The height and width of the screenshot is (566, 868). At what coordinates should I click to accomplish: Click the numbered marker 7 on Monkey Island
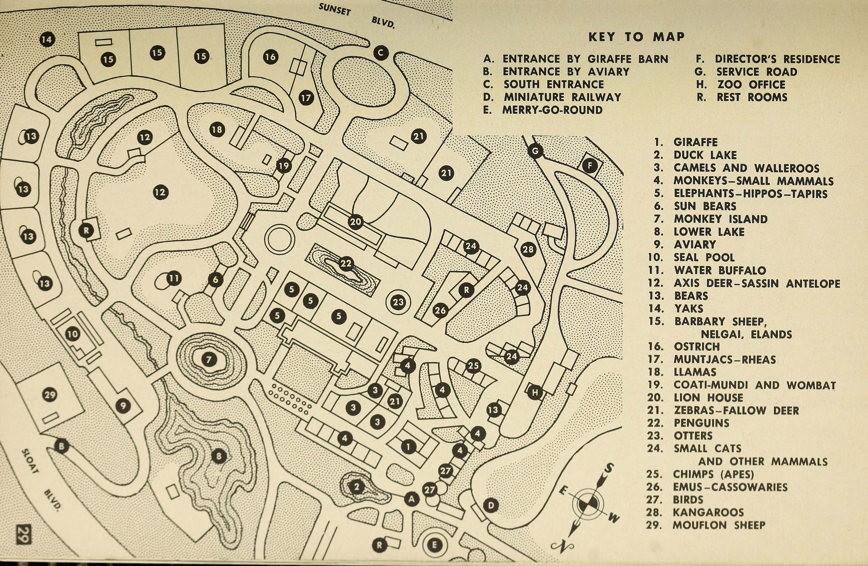pos(209,360)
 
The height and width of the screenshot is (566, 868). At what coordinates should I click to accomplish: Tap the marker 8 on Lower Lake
pos(219,456)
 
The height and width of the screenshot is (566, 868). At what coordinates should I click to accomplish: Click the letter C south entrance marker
pos(381,53)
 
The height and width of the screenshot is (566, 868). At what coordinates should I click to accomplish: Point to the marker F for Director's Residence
pos(590,166)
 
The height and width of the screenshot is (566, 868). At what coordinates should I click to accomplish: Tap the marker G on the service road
pos(535,151)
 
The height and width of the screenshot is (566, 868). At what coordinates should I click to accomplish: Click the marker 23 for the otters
pos(398,302)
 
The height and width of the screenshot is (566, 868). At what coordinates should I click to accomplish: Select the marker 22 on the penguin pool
pos(346,263)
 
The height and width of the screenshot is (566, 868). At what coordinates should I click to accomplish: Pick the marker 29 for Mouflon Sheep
pos(50,395)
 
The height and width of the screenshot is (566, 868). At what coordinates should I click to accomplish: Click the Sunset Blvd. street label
pos(356,16)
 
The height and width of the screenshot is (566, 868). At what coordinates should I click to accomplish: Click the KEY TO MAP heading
pos(636,37)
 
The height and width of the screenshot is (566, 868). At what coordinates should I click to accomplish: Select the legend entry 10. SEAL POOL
pos(691,257)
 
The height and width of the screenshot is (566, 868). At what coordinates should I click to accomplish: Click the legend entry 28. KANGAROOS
pos(695,512)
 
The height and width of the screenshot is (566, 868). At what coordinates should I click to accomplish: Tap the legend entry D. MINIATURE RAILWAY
pos(552,97)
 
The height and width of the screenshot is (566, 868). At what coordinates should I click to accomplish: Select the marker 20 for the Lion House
pos(355,222)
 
